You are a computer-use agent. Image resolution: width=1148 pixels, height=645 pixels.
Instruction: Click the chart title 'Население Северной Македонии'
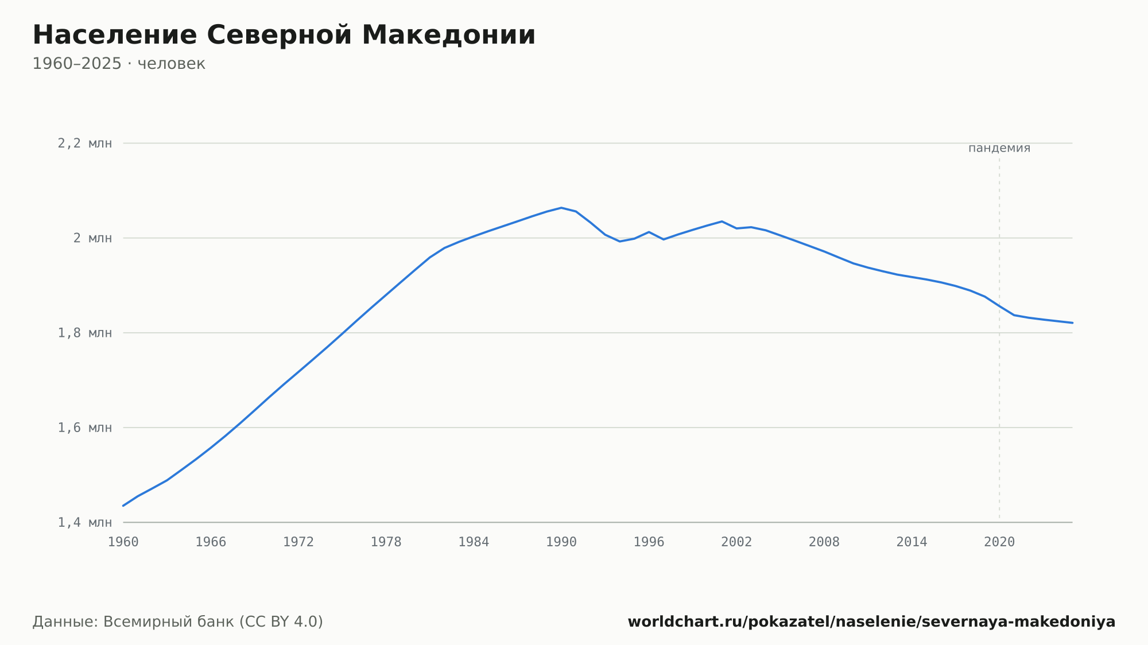(284, 35)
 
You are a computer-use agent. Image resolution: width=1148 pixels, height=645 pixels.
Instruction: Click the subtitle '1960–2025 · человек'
(119, 64)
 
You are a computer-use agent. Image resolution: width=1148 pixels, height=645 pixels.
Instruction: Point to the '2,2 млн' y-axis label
(85, 143)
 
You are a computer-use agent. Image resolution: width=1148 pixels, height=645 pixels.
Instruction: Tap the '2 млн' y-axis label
(92, 238)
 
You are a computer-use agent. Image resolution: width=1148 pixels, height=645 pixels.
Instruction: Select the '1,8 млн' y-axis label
(85, 333)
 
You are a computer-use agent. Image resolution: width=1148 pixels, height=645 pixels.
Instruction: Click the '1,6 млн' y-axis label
(85, 428)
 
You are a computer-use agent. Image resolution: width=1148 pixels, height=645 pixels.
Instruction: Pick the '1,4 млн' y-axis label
(85, 522)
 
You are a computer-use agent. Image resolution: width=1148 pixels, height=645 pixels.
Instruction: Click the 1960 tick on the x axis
(123, 542)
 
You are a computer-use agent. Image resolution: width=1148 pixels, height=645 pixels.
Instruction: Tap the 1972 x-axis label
(298, 542)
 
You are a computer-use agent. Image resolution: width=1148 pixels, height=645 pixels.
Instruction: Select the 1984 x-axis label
(474, 542)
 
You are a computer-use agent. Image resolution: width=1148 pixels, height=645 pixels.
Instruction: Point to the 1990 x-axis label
(561, 542)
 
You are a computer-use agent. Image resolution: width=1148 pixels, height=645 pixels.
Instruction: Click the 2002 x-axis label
(736, 542)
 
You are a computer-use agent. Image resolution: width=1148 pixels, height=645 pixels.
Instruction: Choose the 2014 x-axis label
(912, 542)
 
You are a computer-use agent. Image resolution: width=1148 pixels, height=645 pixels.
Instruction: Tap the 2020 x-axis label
(999, 542)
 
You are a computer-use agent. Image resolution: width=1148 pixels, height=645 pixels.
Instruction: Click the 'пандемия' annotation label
(999, 148)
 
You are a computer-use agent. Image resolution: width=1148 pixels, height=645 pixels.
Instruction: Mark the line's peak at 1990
(561, 208)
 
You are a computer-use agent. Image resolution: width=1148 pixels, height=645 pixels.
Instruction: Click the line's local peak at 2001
(722, 222)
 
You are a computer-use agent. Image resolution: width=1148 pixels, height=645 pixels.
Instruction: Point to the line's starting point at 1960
(123, 506)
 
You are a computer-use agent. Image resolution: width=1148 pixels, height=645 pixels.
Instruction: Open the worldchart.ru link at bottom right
(871, 622)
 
